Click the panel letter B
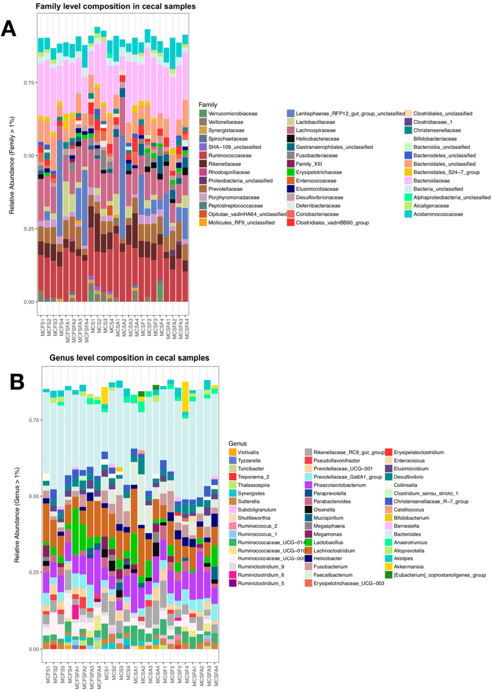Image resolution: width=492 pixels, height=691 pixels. click(17, 381)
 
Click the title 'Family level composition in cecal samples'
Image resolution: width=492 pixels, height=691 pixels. click(116, 6)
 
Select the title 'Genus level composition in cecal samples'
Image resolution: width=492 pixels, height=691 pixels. click(129, 358)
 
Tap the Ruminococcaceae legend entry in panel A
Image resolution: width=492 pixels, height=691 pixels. click(229, 155)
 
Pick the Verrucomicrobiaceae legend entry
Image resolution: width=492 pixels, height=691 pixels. click(232, 114)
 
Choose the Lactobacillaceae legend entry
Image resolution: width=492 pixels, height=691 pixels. click(315, 122)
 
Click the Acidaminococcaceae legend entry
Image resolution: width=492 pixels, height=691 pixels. click(438, 214)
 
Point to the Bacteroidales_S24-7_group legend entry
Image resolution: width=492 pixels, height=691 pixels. click(446, 173)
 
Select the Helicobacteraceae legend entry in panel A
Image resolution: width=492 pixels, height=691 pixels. click(318, 139)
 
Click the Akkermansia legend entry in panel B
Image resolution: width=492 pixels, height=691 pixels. click(408, 567)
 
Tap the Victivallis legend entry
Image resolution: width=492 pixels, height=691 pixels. click(248, 452)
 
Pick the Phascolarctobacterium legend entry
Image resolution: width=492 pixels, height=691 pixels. click(339, 485)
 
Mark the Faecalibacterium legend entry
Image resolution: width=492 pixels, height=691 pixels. click(333, 575)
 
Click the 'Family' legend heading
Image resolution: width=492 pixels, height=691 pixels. click(208, 105)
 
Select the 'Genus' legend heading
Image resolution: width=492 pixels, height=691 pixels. click(237, 443)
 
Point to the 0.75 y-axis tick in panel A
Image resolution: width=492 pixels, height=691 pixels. click(29, 83)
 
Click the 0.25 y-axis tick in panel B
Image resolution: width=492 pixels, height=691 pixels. click(33, 572)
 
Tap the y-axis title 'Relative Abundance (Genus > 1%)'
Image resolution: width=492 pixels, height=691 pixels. click(17, 515)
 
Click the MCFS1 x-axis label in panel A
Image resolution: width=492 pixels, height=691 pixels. click(43, 326)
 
